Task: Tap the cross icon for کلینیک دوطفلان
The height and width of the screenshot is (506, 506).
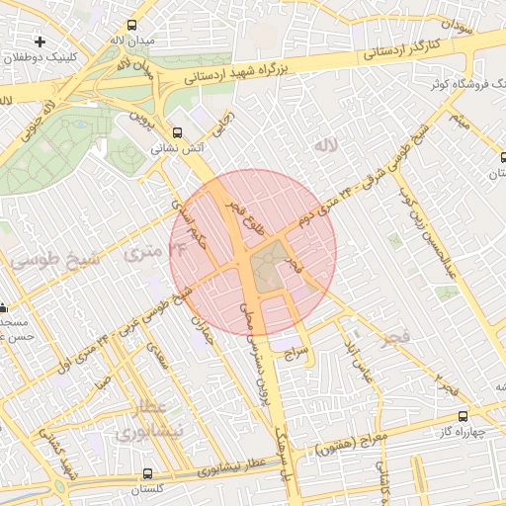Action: tap(40, 42)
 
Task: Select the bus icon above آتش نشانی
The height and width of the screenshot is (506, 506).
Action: tap(178, 132)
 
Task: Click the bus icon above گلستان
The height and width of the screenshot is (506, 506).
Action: tap(148, 474)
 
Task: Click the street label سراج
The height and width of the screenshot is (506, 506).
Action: tap(296, 351)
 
